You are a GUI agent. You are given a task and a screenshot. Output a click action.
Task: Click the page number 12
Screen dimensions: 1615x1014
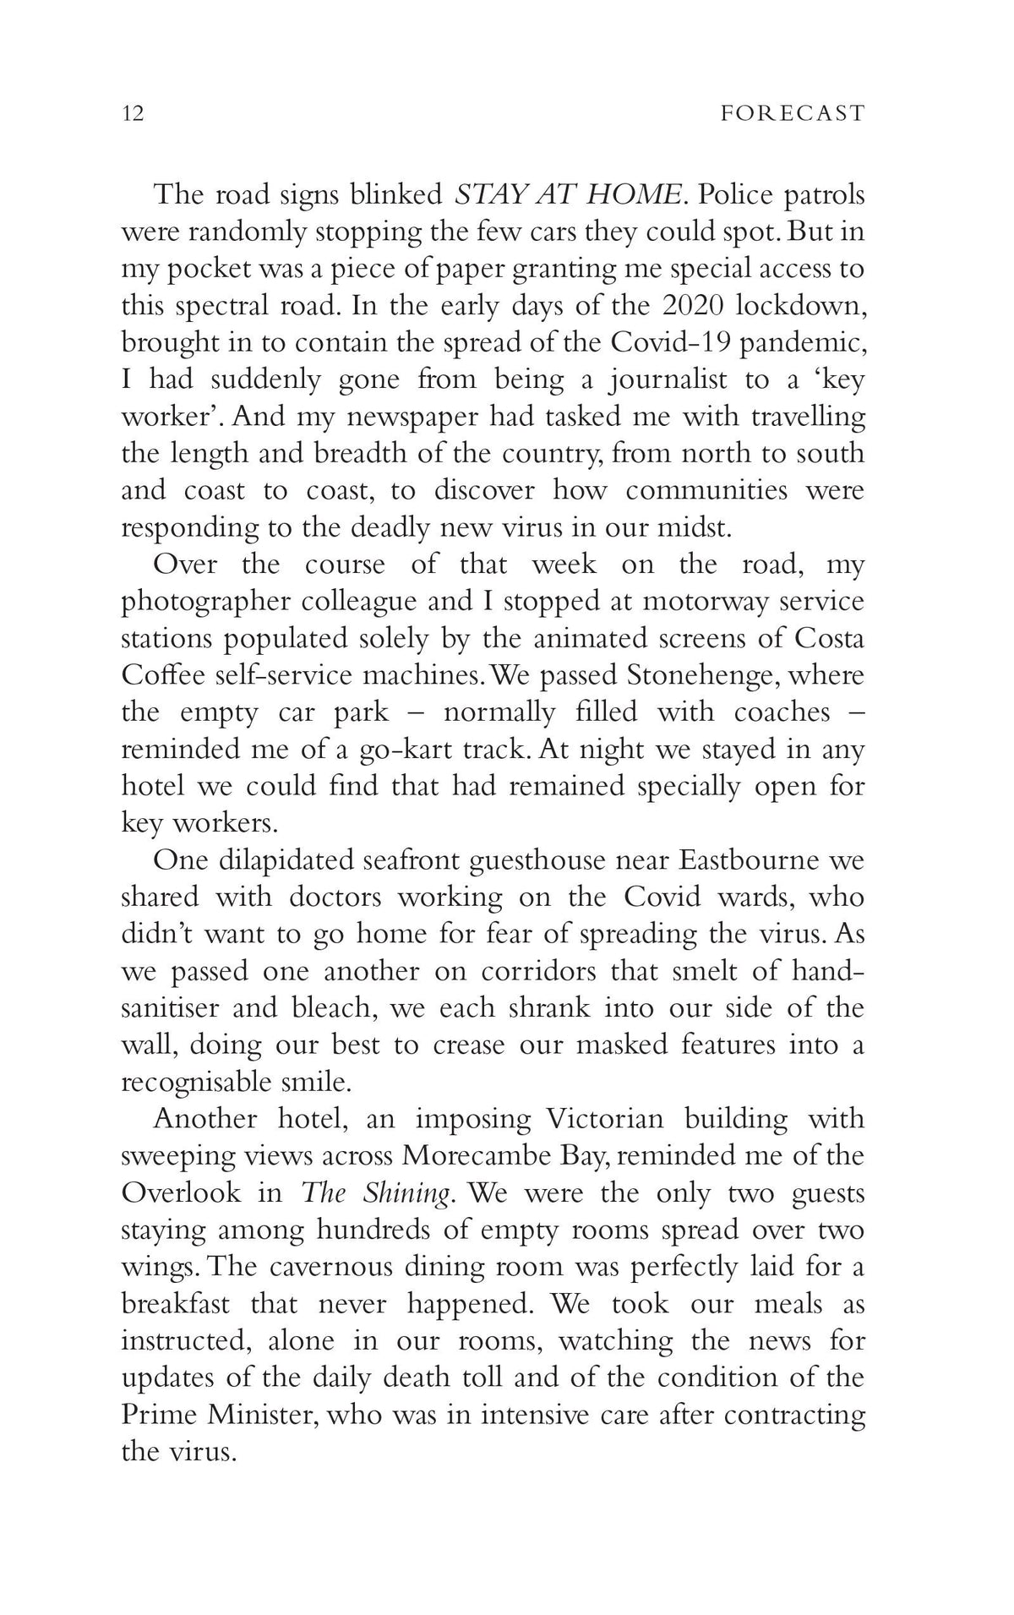133,113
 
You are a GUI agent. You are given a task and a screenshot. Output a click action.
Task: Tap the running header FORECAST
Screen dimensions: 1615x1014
793,113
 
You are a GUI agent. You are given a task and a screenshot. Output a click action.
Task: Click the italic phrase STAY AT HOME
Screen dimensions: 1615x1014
568,194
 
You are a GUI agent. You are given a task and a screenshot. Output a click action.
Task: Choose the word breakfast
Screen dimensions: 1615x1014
176,1304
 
